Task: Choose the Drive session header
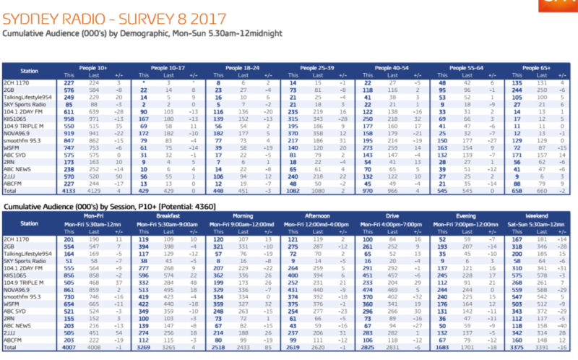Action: point(389,215)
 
